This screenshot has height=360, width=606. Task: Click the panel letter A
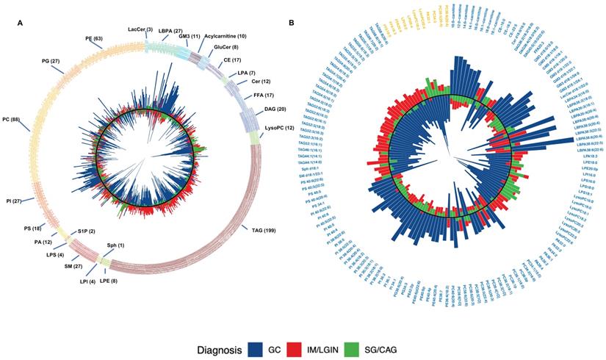pos(20,25)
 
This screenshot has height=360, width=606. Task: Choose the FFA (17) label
pos(263,95)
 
